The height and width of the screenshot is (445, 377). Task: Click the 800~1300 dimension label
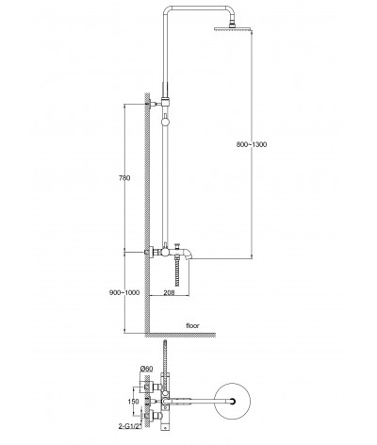252,144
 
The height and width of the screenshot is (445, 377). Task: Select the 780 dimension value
124,178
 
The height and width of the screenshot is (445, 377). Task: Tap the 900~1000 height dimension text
124,292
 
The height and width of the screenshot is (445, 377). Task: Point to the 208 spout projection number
170,292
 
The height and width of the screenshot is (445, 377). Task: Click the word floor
192,325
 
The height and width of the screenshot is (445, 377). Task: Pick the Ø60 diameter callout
147,369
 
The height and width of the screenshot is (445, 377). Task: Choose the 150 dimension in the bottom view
133,402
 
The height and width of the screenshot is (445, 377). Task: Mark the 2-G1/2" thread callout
130,426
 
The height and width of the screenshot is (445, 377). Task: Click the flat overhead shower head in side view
234,28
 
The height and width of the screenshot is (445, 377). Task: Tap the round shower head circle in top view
233,383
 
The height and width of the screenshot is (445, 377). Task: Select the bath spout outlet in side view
188,255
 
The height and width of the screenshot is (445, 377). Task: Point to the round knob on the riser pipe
165,122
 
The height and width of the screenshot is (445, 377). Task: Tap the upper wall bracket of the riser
158,103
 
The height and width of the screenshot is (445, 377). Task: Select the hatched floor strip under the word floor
180,335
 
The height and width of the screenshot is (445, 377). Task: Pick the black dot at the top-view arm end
233,401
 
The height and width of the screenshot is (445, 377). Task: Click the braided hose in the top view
164,356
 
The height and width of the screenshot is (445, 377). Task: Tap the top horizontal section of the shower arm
199,8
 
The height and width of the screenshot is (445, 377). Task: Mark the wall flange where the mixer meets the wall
151,252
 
